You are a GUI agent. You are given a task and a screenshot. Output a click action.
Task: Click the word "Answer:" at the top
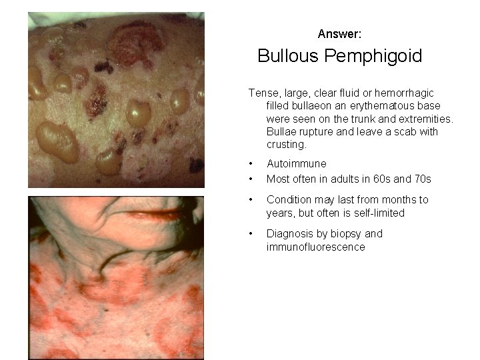click(x=339, y=33)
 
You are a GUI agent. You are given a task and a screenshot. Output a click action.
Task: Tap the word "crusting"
click(x=287, y=145)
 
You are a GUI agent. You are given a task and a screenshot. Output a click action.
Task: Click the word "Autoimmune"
click(x=297, y=163)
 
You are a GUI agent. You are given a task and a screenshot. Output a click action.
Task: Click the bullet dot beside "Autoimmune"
click(x=250, y=163)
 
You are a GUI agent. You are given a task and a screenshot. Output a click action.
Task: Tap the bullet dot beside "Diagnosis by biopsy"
click(x=250, y=234)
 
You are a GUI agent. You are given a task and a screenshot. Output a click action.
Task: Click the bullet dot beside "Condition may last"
click(x=250, y=200)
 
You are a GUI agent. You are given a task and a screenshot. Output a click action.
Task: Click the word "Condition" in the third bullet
click(x=289, y=200)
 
